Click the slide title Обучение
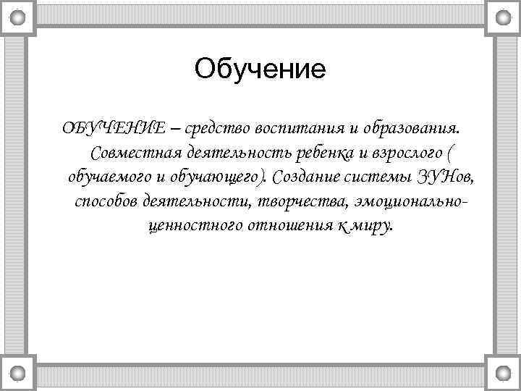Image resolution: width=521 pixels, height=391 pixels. pos(260,70)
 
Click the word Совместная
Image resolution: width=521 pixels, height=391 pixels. pos(137,153)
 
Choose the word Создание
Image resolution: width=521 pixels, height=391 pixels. pos(307,177)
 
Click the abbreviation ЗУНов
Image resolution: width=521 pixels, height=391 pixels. pos(443,177)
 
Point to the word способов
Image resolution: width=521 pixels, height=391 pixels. pos(106,201)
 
